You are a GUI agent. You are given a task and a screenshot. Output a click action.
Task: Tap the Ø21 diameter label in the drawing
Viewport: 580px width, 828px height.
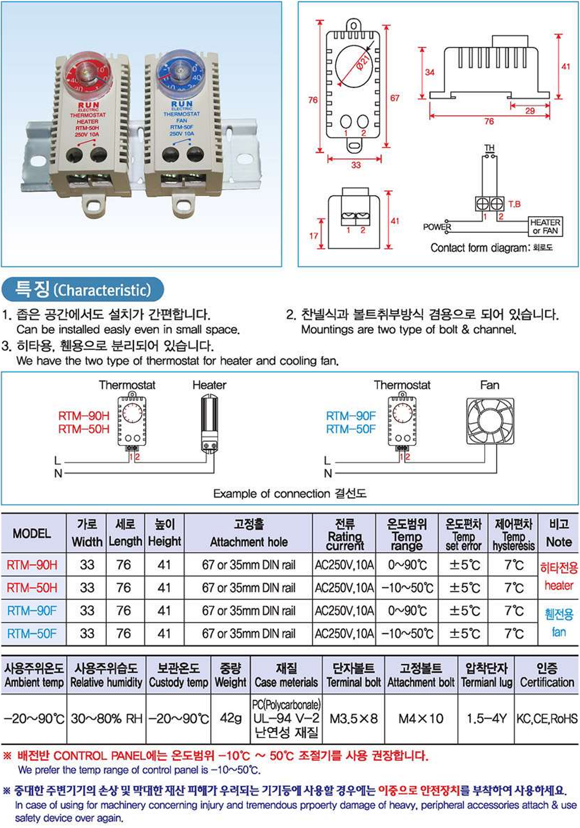[x=363, y=61]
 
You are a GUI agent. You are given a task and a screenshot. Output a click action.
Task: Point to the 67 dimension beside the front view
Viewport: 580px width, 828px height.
[x=395, y=98]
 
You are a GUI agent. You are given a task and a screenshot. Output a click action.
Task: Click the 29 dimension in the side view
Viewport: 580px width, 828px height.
[x=530, y=111]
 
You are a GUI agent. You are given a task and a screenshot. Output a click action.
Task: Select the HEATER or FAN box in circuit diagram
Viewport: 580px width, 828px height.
[x=545, y=226]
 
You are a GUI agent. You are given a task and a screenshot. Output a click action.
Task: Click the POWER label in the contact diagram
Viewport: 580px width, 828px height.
[x=437, y=227]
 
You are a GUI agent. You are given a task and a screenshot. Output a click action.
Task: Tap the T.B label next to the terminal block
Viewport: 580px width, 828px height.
[x=515, y=204]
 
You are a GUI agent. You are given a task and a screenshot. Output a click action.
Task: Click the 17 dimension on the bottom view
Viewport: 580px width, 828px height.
[x=314, y=236]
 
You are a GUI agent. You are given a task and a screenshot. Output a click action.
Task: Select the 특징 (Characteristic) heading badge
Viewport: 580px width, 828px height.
[x=82, y=289]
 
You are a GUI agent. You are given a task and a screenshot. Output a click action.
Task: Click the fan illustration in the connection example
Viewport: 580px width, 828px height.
[x=490, y=421]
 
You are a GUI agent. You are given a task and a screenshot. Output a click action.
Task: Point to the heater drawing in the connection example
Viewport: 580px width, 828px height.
[x=209, y=423]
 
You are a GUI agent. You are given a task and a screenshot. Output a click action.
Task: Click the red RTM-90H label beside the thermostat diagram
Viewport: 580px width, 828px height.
[x=84, y=415]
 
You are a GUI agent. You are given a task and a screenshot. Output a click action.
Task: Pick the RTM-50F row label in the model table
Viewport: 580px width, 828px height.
[x=32, y=634]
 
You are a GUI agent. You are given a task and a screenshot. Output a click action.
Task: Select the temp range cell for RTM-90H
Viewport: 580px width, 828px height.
[x=407, y=565]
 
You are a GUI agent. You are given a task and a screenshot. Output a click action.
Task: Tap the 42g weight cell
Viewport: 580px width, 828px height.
[x=230, y=718]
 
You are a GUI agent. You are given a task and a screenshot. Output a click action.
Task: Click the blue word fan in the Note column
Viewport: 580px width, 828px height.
[x=558, y=632]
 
